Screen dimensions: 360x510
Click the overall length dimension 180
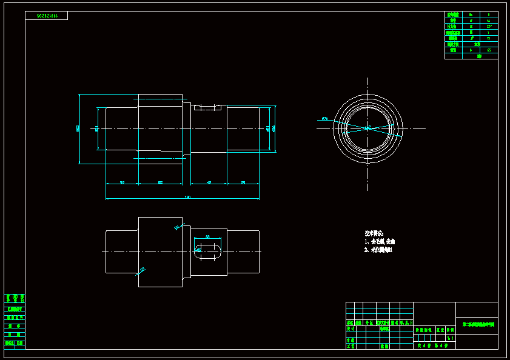coord(187,196)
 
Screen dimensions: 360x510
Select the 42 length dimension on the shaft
coord(209,182)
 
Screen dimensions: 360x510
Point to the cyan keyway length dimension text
coord(207,237)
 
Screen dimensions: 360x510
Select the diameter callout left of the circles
coord(324,119)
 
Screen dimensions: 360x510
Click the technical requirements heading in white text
coord(374,233)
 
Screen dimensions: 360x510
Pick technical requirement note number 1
coord(380,241)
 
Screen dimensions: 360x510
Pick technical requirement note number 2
coord(378,250)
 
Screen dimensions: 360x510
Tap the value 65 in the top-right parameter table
coord(489,50)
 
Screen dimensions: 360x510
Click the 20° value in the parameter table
coord(489,27)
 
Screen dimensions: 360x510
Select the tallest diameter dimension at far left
coord(78,128)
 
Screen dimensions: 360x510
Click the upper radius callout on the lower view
coord(177,228)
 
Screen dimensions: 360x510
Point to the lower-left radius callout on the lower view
coord(141,270)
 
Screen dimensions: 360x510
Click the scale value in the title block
coord(449,338)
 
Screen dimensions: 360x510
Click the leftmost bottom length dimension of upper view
coord(122,182)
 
